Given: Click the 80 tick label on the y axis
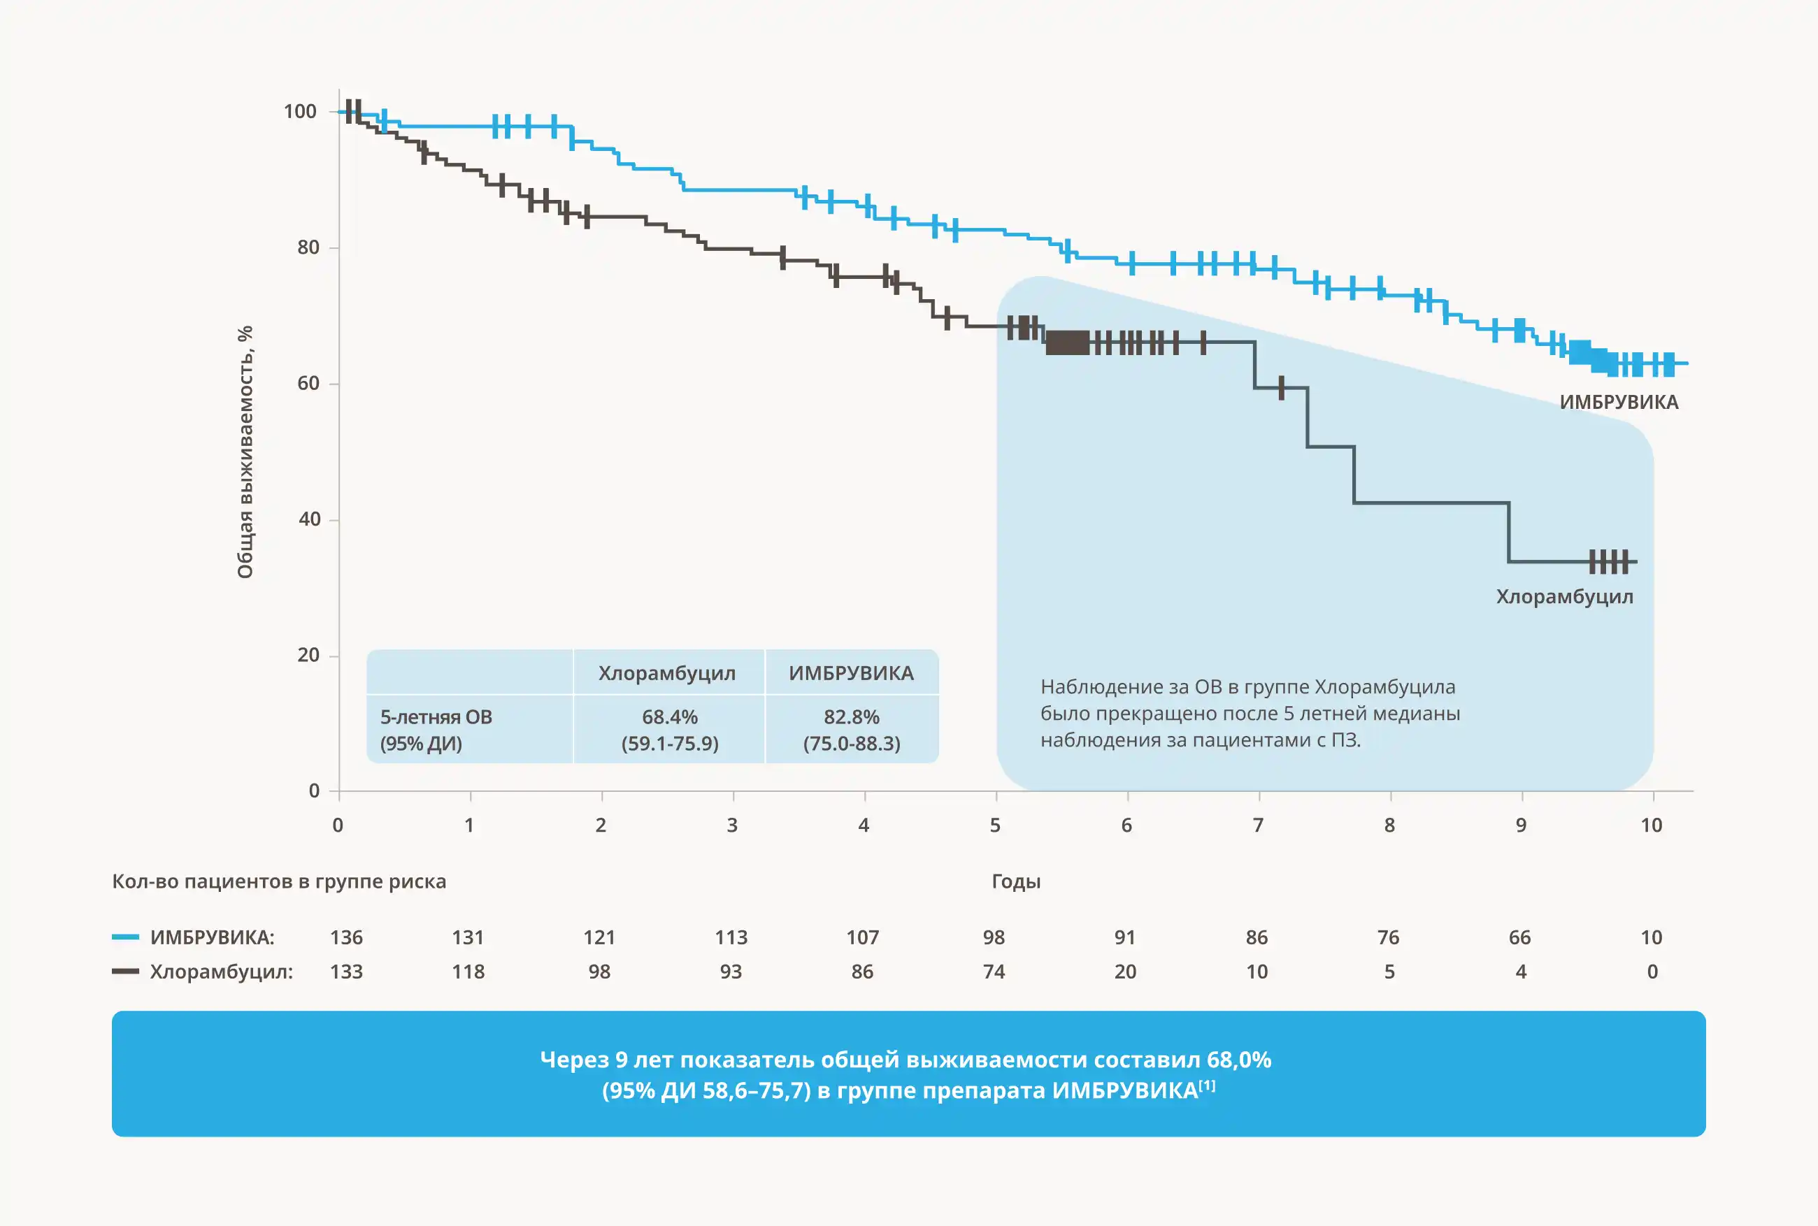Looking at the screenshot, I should [x=308, y=248].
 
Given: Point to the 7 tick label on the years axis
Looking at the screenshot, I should [x=1258, y=825].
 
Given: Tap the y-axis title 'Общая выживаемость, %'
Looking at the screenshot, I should [x=245, y=452].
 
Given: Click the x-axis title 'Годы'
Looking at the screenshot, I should [x=1016, y=882].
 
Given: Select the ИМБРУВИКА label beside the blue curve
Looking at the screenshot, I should [x=1619, y=403].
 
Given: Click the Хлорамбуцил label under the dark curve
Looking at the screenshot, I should [x=1565, y=598].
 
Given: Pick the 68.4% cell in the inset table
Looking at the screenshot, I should [x=669, y=717].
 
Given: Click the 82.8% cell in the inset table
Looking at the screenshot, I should [x=852, y=717].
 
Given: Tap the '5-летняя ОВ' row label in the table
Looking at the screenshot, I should [x=436, y=717].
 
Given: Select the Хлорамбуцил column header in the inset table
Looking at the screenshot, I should [x=667, y=673].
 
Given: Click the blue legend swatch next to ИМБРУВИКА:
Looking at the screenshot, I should [x=125, y=937].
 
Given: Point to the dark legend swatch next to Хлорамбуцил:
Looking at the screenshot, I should [x=125, y=971].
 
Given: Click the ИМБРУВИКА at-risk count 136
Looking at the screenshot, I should [x=346, y=937].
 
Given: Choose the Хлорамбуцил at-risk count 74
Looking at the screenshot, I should [x=994, y=972].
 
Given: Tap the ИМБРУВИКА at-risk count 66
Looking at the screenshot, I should [x=1519, y=937].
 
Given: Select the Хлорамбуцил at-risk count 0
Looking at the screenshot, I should [x=1652, y=972].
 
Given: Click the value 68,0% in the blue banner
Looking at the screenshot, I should [x=1238, y=1060].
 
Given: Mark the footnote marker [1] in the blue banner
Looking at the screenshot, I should [x=1208, y=1086].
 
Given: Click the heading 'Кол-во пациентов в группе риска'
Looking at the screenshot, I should [x=279, y=882].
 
